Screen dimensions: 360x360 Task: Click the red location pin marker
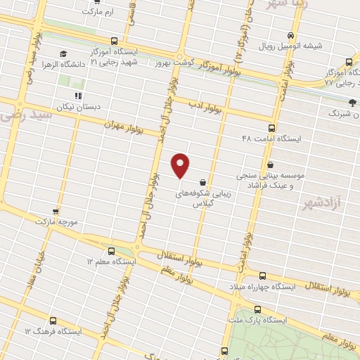[x=181, y=165]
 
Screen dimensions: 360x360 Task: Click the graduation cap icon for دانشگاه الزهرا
[x=63, y=54]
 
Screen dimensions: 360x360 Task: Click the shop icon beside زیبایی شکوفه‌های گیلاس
[x=202, y=181]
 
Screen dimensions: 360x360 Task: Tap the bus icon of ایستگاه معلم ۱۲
[x=111, y=251]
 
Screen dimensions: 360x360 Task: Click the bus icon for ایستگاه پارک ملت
[x=257, y=309]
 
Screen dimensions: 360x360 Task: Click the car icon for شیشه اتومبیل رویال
[x=291, y=36]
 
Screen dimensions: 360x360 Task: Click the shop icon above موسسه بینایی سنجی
[x=270, y=165]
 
